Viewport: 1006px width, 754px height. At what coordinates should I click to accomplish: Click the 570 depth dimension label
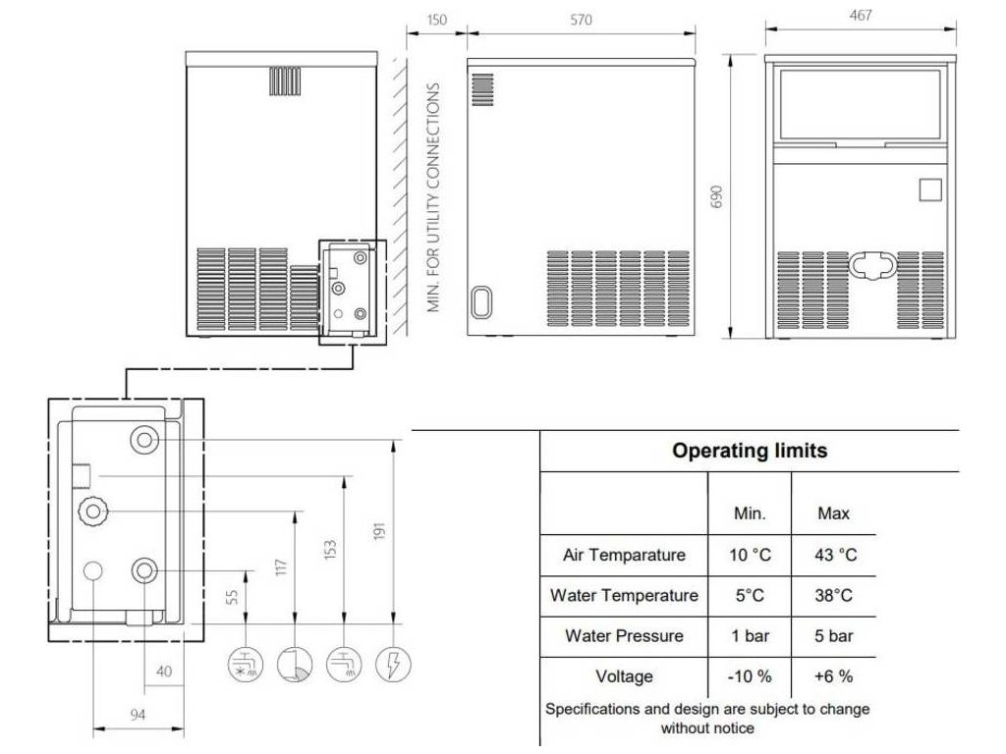tap(581, 20)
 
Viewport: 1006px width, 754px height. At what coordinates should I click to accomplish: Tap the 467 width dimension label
tap(861, 16)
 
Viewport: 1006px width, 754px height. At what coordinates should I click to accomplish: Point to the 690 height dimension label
tap(716, 196)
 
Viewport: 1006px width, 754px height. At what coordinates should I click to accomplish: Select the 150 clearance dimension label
tap(436, 20)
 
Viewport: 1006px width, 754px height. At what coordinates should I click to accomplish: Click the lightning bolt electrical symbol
tap(393, 664)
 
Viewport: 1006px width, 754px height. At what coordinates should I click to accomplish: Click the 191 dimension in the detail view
tap(379, 531)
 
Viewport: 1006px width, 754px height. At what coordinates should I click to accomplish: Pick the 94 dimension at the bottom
tap(138, 715)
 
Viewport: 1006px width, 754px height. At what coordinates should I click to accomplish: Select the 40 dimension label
tap(164, 672)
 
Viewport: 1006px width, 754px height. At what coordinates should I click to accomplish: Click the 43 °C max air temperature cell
tap(835, 555)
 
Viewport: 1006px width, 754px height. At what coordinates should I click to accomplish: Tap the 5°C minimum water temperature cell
tap(750, 596)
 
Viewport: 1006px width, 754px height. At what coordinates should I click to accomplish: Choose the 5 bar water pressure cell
tap(833, 636)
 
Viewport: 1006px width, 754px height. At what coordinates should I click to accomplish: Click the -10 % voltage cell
tap(750, 676)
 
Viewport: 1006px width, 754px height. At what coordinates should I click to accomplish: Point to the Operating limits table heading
tap(750, 450)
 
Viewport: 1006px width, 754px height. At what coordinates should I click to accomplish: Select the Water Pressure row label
tap(624, 636)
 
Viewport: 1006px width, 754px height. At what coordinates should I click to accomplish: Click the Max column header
tap(833, 513)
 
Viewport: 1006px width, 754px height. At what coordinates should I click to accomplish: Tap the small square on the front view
tap(930, 190)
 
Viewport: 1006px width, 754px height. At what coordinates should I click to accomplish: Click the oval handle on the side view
tap(481, 302)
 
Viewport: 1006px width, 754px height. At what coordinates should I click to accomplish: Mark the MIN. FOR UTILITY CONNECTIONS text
tap(433, 197)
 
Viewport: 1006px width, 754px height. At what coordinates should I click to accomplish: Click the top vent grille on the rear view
tap(285, 81)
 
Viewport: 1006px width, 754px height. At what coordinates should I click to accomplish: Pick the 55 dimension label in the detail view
tap(232, 597)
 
